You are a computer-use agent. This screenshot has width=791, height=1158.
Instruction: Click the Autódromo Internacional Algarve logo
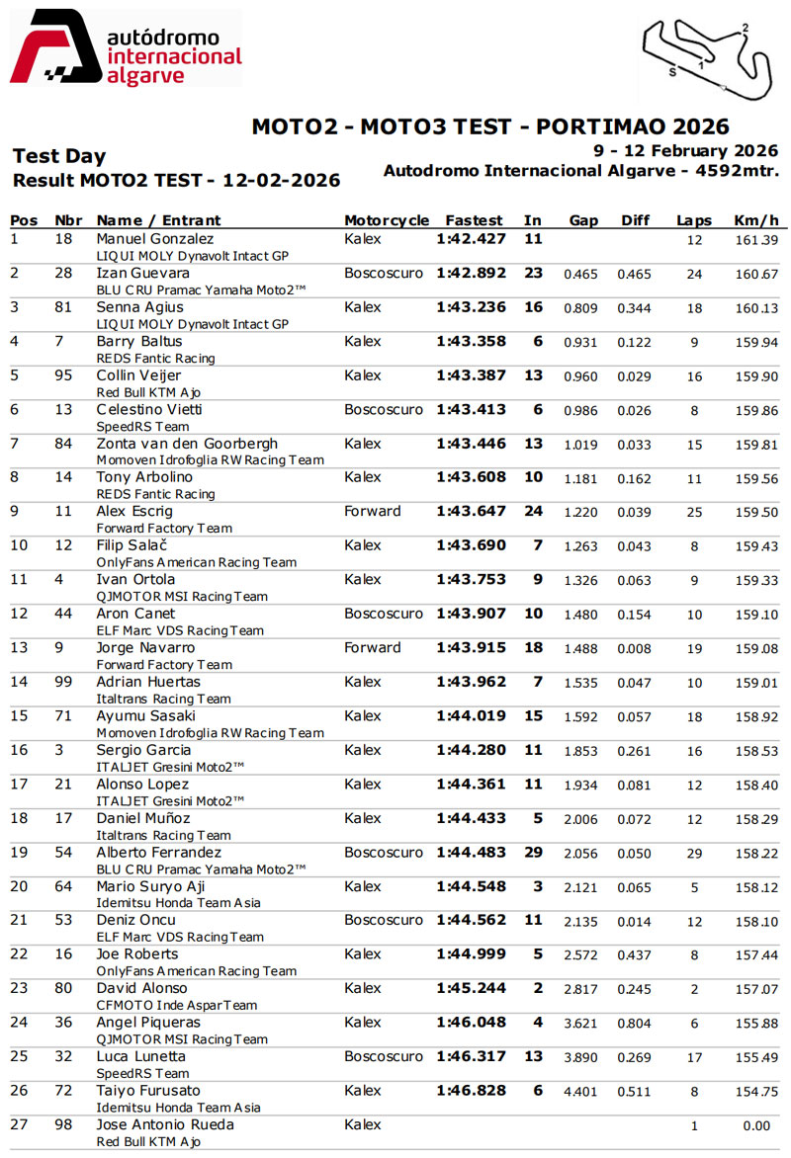(x=125, y=48)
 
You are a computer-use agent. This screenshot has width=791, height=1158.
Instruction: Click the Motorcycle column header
(x=387, y=220)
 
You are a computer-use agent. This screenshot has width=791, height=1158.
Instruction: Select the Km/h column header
(x=756, y=220)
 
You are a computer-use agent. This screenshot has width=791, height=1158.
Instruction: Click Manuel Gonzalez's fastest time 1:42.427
(x=471, y=239)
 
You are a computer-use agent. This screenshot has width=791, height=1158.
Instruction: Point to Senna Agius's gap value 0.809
(x=580, y=307)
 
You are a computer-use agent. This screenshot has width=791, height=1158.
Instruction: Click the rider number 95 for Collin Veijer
(x=65, y=375)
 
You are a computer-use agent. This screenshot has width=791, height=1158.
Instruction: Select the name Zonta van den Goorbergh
(x=187, y=444)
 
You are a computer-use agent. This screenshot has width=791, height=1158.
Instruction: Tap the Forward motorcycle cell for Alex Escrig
(x=373, y=511)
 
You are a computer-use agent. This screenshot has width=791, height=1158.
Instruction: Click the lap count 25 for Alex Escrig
(x=694, y=513)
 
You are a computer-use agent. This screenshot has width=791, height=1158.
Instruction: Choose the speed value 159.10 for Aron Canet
(x=755, y=615)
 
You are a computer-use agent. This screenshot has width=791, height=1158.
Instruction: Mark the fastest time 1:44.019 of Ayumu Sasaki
(x=471, y=715)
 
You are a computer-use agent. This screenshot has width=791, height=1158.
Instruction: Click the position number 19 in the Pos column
(x=19, y=852)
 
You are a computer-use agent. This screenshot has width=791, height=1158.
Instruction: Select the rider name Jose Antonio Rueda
(x=165, y=1124)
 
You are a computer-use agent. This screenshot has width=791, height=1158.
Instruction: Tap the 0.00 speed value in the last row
(x=756, y=1126)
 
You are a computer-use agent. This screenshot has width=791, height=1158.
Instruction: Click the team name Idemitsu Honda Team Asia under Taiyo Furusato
(x=179, y=1108)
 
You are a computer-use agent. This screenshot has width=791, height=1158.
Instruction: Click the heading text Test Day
(x=58, y=156)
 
